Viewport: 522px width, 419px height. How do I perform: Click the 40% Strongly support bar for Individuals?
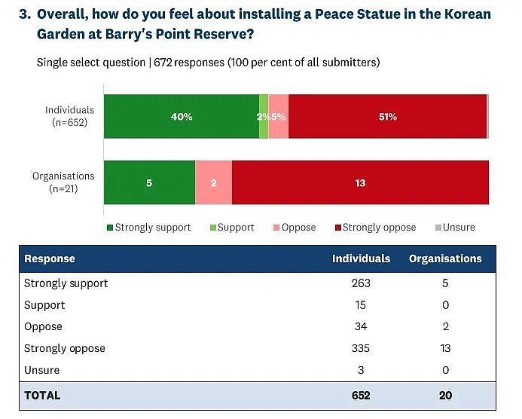pyautogui.click(x=182, y=116)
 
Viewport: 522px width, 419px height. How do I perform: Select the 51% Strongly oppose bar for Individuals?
pyautogui.click(x=387, y=116)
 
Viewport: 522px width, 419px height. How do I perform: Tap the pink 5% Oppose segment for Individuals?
pyautogui.click(x=279, y=116)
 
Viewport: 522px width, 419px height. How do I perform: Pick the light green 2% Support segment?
pyautogui.click(x=264, y=116)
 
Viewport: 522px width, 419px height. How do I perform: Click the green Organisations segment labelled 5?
pyautogui.click(x=149, y=182)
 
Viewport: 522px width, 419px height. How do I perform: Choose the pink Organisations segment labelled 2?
pyautogui.click(x=214, y=182)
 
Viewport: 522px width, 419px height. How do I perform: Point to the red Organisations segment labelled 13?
pyautogui.click(x=360, y=182)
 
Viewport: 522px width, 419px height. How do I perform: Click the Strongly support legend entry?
pyautogui.click(x=149, y=228)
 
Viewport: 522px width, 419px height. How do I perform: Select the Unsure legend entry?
pyautogui.click(x=455, y=228)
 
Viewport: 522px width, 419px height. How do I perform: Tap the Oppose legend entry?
pyautogui.click(x=295, y=228)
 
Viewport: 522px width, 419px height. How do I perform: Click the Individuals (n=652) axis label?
pyautogui.click(x=69, y=116)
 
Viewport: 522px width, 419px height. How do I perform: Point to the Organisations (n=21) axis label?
pyautogui.click(x=63, y=182)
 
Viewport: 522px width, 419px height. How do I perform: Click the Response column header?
pyautogui.click(x=50, y=258)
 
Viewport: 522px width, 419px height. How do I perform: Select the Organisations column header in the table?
pyautogui.click(x=445, y=258)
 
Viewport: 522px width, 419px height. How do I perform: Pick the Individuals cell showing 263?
pyautogui.click(x=361, y=283)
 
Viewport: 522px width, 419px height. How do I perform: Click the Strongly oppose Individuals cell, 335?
pyautogui.click(x=361, y=348)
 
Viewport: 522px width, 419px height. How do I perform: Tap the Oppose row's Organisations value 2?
pyautogui.click(x=446, y=326)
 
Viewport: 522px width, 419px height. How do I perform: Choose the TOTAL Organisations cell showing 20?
pyautogui.click(x=445, y=396)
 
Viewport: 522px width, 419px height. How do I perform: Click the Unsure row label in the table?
pyautogui.click(x=42, y=370)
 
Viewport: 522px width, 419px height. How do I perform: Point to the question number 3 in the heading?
pyautogui.click(x=25, y=14)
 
